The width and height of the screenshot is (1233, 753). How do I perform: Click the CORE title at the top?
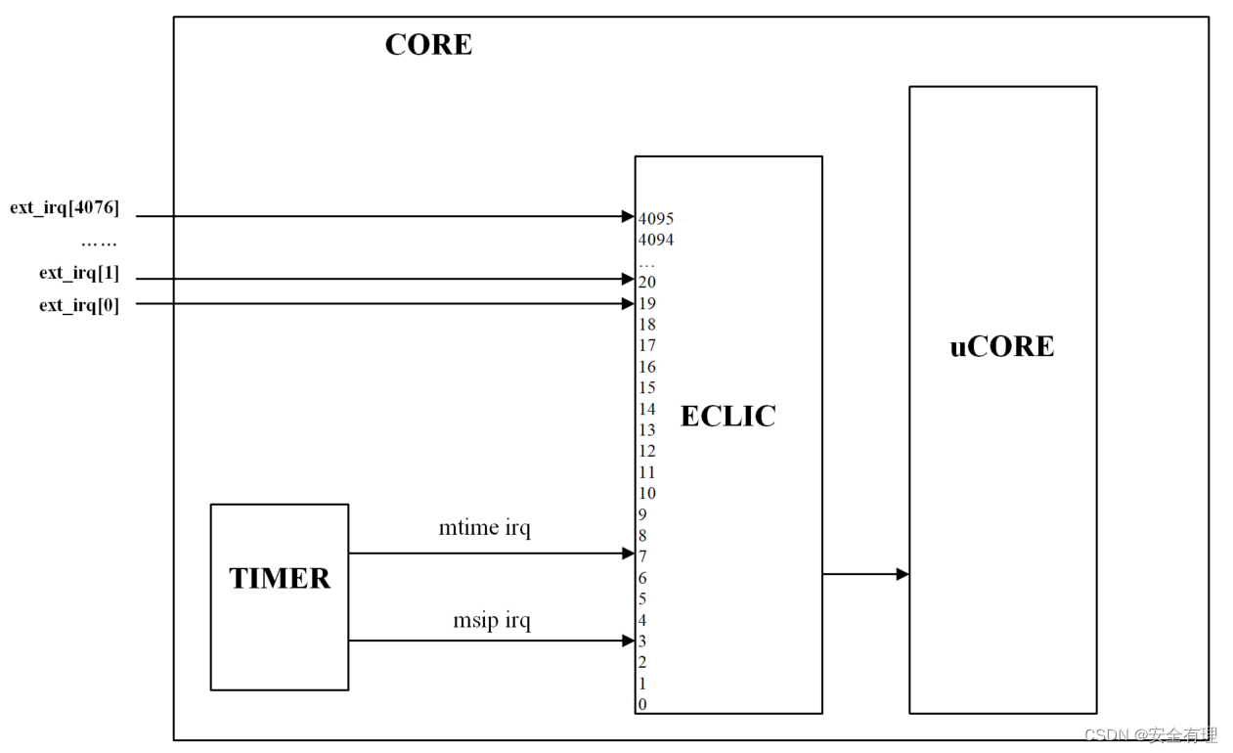tap(428, 45)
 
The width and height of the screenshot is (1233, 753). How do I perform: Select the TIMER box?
tap(280, 597)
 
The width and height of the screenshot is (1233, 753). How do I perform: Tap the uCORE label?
tap(1002, 347)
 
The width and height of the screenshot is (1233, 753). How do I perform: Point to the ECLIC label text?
tap(728, 417)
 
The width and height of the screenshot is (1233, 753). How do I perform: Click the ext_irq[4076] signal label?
tap(65, 208)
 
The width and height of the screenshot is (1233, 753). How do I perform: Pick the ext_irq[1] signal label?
tap(79, 273)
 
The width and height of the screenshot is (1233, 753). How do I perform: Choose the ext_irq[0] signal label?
tap(79, 305)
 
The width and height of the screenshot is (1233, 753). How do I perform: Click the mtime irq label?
tap(485, 529)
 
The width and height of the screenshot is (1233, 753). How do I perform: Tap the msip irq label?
tap(492, 620)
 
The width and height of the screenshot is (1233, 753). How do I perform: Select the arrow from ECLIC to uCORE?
tap(865, 574)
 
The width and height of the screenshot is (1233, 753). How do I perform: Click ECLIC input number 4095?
tap(656, 219)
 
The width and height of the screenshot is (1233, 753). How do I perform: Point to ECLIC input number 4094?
tap(656, 240)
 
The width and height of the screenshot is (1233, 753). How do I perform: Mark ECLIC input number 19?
tap(647, 304)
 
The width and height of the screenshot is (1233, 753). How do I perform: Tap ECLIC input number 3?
tap(642, 642)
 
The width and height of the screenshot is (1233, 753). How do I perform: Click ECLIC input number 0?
tap(642, 704)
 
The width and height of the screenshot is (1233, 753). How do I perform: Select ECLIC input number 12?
tap(647, 452)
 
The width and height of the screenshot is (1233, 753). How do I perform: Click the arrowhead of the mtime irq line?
tap(629, 554)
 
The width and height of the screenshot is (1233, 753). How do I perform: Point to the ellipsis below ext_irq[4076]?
tap(98, 242)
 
